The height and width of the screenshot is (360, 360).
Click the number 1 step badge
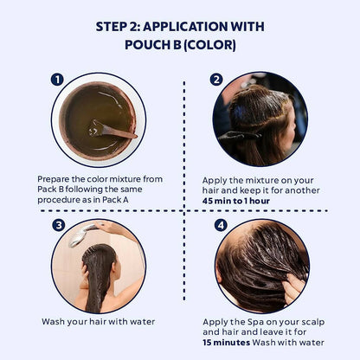tap(57, 80)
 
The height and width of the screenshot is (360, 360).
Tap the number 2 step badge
tap(216, 80)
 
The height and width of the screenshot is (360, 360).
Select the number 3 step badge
tap(59, 225)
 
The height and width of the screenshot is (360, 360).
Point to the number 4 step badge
tap(221, 225)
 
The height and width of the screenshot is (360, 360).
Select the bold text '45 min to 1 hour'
tap(236, 201)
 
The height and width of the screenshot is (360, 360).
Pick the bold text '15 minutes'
tap(226, 343)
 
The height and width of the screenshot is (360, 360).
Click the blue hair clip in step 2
tap(240, 113)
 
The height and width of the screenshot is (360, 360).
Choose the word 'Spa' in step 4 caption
tap(255, 322)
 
